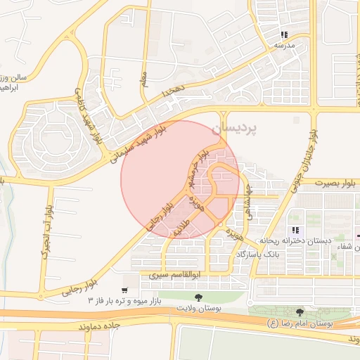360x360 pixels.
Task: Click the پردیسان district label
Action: [x=254, y=129]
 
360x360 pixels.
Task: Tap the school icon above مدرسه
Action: [x=284, y=34]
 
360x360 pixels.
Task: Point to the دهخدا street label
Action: [x=171, y=91]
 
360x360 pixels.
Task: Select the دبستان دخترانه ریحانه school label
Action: [x=295, y=240]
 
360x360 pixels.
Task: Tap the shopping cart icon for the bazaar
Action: [x=124, y=290]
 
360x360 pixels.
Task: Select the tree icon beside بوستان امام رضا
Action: [x=300, y=311]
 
